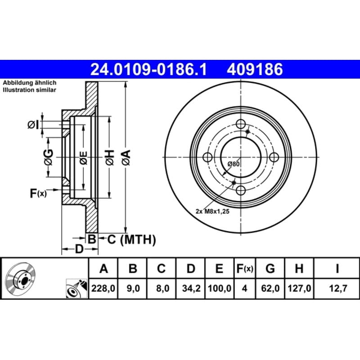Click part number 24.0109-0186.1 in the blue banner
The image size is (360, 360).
[x=148, y=69]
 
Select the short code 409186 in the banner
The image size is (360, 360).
[x=255, y=69]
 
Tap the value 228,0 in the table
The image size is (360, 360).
[x=103, y=288]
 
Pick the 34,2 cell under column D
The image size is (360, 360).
[x=191, y=288]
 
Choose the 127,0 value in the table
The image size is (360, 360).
[x=299, y=288]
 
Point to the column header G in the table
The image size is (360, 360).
[x=270, y=268]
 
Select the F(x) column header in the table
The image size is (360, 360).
[x=245, y=269]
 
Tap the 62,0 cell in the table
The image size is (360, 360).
[x=270, y=288]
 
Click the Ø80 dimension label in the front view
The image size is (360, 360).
[x=233, y=164]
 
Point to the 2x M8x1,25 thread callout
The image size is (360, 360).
[x=212, y=211]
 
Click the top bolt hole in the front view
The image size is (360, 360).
[x=241, y=124]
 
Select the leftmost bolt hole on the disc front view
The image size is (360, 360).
[x=208, y=157]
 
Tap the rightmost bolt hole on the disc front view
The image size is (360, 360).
[x=274, y=157]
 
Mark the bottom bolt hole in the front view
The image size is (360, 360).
[x=241, y=190]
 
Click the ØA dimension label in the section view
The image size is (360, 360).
[x=126, y=157]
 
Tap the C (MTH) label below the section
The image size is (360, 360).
[x=131, y=239]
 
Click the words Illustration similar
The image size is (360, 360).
[x=29, y=90]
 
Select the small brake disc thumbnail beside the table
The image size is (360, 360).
[x=21, y=278]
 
